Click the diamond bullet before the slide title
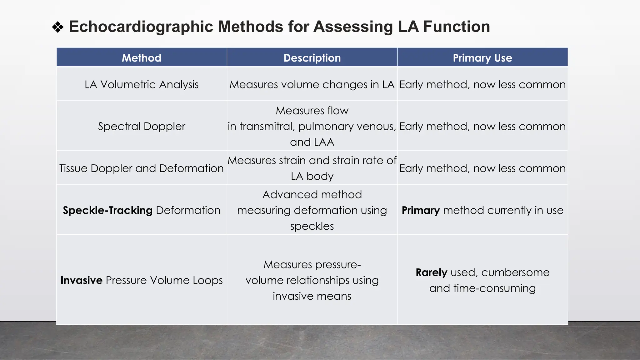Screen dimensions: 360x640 58,27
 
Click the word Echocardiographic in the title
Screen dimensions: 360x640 141,27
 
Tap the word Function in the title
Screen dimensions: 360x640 456,27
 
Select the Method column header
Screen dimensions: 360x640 142,58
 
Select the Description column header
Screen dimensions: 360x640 312,58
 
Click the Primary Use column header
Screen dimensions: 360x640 482,58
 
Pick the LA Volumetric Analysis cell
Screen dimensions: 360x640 142,84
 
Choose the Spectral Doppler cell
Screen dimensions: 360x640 142,126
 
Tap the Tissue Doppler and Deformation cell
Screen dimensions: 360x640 142,168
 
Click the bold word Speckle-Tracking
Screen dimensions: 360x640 107,210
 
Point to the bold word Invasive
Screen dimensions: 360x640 81,280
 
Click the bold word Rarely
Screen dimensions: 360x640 431,272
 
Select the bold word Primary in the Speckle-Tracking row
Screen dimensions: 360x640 421,210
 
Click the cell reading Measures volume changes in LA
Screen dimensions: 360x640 312,84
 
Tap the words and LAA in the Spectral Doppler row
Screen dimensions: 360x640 312,142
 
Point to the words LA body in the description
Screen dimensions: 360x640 312,176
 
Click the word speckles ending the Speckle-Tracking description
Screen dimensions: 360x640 312,226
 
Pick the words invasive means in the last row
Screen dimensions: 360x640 312,296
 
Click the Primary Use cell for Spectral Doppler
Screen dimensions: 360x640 482,126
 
